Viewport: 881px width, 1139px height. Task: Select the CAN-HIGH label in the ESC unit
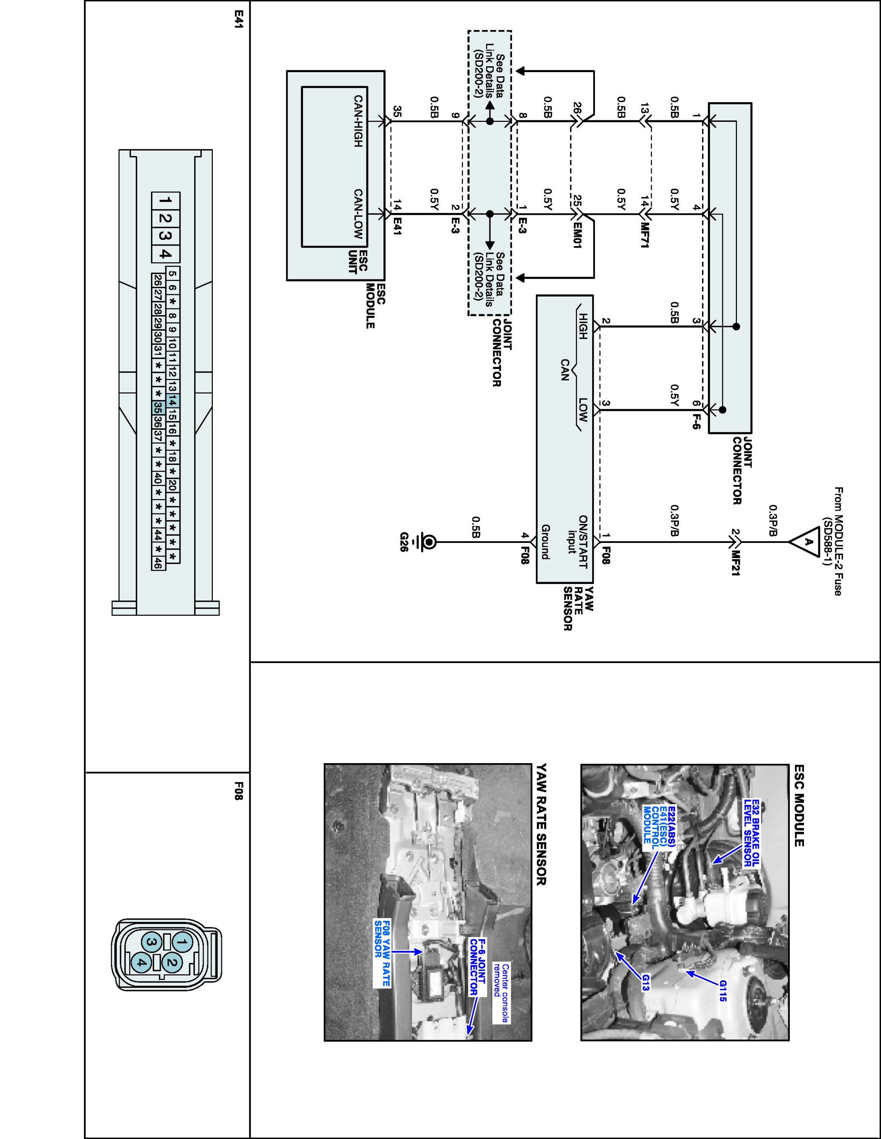pos(358,121)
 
